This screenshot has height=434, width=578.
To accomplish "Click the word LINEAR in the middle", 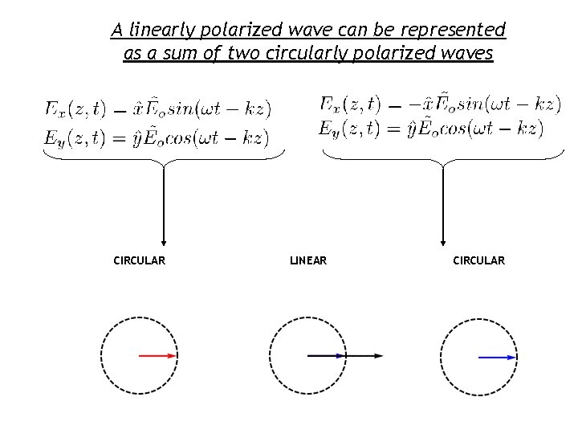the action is tap(307, 260).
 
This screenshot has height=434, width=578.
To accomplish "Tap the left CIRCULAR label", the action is tap(140, 260).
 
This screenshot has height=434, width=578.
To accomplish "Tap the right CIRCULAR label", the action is tap(478, 260).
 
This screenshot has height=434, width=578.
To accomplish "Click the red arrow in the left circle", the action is tap(157, 355).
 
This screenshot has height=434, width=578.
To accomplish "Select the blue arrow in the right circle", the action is tap(497, 356).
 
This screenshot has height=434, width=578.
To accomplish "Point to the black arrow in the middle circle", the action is tap(345, 355).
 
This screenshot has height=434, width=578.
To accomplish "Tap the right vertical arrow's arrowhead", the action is tap(442, 240).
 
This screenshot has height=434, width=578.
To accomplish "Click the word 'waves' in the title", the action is tap(468, 55).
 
